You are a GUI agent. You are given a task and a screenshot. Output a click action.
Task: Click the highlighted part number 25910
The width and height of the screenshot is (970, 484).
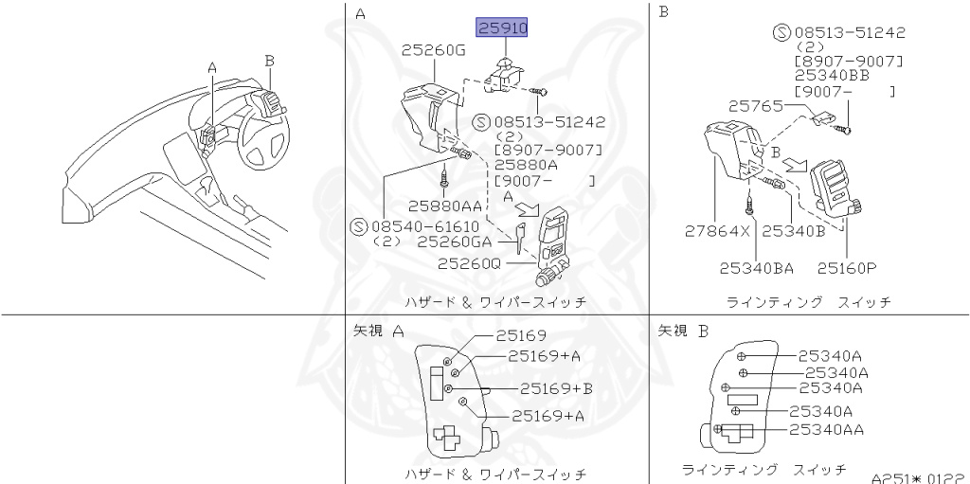point(502,28)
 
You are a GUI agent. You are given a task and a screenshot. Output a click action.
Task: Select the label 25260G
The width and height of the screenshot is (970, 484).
point(433,50)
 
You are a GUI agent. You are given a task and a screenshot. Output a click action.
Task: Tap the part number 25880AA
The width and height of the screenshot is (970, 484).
point(445,205)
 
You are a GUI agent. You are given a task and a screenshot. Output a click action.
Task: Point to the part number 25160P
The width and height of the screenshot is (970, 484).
point(849,267)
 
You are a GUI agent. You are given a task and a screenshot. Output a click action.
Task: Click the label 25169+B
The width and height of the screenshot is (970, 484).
point(556,388)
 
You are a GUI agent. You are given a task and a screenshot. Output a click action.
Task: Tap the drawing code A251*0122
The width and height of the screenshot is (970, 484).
point(918,476)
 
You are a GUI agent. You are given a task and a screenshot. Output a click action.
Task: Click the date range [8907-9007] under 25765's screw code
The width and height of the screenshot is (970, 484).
point(849,61)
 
